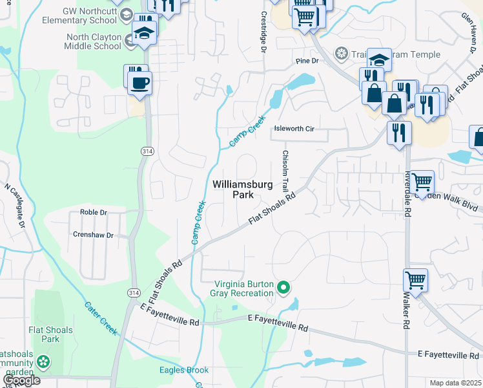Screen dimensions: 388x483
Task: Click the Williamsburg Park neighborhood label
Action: pyautogui.click(x=243, y=189)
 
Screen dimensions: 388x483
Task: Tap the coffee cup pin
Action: pyautogui.click(x=139, y=83)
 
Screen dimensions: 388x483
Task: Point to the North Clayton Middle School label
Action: pyautogui.click(x=94, y=41)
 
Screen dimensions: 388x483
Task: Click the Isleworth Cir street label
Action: pyautogui.click(x=294, y=129)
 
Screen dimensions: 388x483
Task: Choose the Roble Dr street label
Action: pyautogui.click(x=93, y=212)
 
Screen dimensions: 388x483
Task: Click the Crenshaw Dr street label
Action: pyautogui.click(x=93, y=235)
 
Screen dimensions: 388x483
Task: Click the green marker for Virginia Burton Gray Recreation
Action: pyautogui.click(x=282, y=287)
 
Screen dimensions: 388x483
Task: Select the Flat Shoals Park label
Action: pyautogui.click(x=50, y=334)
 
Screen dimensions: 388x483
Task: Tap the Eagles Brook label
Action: pyautogui.click(x=184, y=371)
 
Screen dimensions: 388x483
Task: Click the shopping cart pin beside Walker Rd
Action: pyautogui.click(x=416, y=281)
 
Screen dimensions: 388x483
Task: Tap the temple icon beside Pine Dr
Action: pyautogui.click(x=340, y=53)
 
